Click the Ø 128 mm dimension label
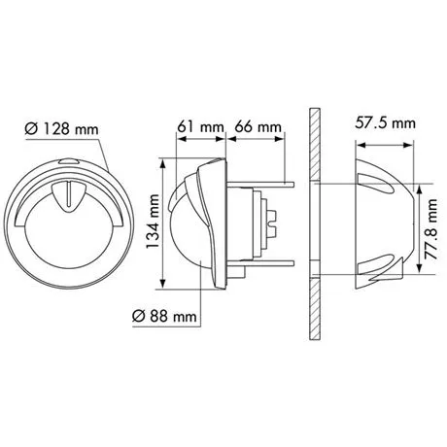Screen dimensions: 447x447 pyautogui.click(x=61, y=128)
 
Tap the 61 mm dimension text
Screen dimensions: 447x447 pyautogui.click(x=200, y=126)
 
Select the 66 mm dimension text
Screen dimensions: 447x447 pyautogui.click(x=258, y=126)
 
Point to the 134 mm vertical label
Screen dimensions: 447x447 pyautogui.click(x=153, y=222)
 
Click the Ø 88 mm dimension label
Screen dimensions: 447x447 pyautogui.click(x=164, y=316)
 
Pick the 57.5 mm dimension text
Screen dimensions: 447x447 pyautogui.click(x=385, y=123)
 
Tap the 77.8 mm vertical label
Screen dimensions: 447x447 pyautogui.click(x=430, y=229)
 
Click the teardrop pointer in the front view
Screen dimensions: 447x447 pyautogui.click(x=69, y=197)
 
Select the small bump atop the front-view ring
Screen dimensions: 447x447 pyautogui.click(x=69, y=161)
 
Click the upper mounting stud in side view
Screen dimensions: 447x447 pyautogui.click(x=260, y=185)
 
